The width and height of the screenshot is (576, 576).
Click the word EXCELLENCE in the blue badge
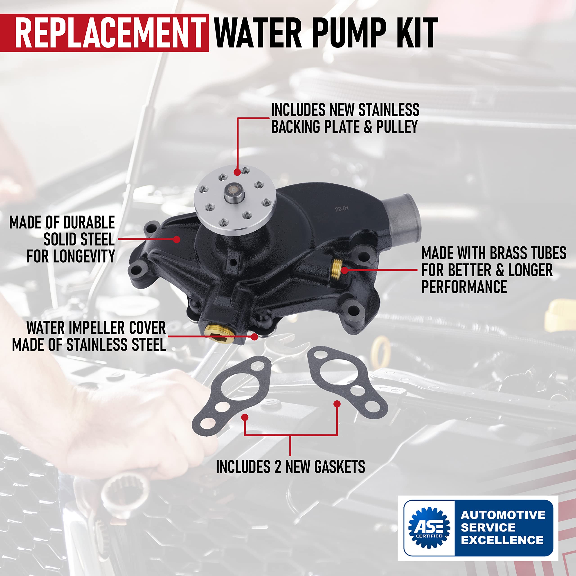pyautogui.click(x=502, y=540)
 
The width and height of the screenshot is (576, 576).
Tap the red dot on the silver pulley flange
pyautogui.click(x=237, y=172)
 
